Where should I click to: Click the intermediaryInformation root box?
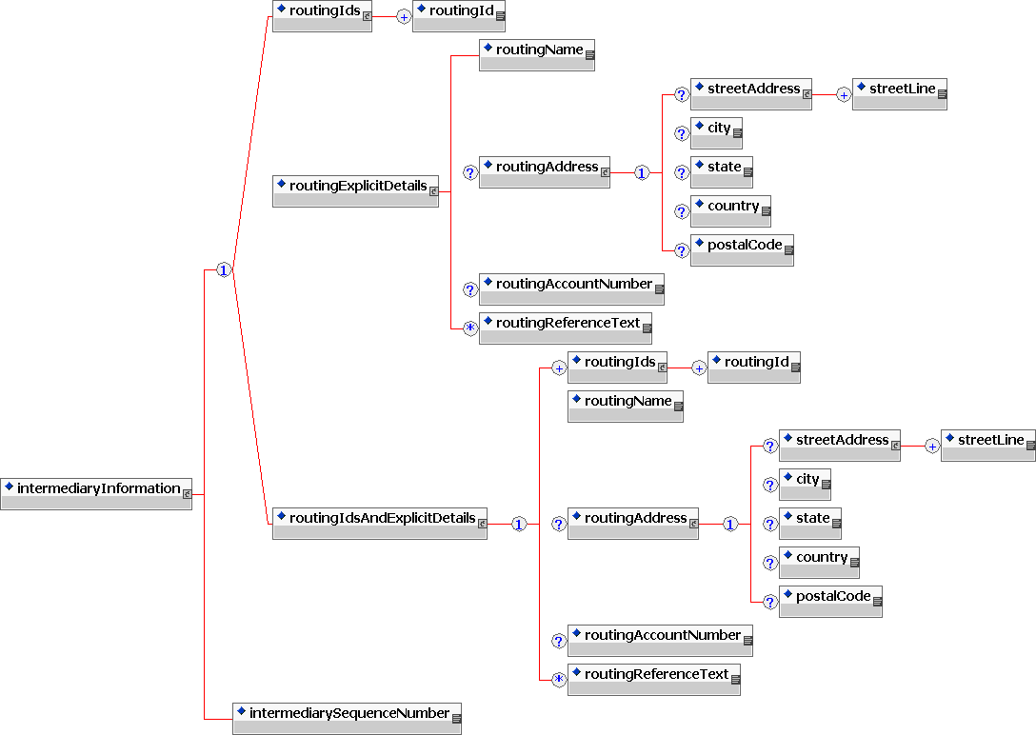click(96, 493)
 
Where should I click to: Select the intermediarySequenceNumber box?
click(347, 718)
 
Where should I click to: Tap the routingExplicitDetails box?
click(355, 190)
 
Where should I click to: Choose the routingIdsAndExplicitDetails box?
click(379, 524)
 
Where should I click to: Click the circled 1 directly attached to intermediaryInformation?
click(224, 270)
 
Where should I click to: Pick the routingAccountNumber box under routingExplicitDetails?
click(571, 288)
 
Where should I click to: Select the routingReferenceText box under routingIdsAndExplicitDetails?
click(653, 680)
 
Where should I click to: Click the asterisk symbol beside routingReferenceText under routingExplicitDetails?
click(469, 328)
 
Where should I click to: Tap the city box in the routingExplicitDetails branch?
click(716, 133)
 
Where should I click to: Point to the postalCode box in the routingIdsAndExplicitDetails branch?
click(830, 602)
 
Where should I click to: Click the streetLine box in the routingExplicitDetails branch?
click(899, 94)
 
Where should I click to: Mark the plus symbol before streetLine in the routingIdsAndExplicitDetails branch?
click(931, 446)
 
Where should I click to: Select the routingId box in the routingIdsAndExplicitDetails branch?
click(753, 367)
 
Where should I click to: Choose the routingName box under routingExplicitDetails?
click(537, 55)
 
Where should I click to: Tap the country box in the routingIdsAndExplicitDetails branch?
click(819, 563)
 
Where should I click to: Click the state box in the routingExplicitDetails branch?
click(722, 172)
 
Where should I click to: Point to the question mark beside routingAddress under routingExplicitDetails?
click(469, 173)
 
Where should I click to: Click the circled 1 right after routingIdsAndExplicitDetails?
click(519, 525)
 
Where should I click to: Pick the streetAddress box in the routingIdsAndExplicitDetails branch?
click(839, 446)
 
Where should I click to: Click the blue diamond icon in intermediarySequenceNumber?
click(242, 711)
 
